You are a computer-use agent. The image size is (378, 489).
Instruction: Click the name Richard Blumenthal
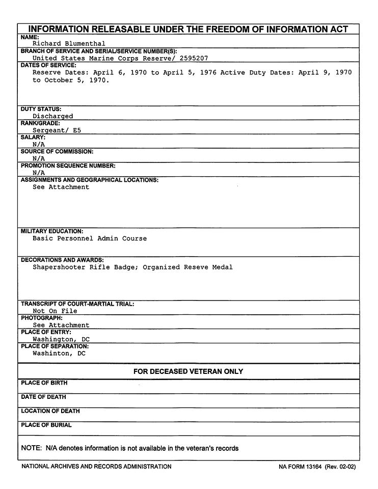(x=69, y=44)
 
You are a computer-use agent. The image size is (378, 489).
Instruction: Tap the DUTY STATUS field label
(x=41, y=109)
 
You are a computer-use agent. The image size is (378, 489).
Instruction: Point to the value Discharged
(x=52, y=116)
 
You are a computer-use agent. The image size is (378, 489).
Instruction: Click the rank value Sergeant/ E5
(x=57, y=130)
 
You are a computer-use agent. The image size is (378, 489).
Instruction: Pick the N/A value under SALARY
(x=39, y=144)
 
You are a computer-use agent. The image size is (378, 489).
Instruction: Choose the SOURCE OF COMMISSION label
(x=57, y=152)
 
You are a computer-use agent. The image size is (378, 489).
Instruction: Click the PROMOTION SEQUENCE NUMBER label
(x=68, y=166)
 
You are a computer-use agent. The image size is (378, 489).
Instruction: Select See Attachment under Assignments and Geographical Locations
(x=61, y=187)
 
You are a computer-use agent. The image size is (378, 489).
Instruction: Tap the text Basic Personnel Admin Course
(x=89, y=238)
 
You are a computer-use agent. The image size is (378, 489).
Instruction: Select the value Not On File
(x=55, y=311)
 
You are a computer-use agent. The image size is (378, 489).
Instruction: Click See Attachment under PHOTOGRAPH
(x=61, y=325)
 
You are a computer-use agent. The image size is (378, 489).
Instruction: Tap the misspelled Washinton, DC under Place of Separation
(x=59, y=353)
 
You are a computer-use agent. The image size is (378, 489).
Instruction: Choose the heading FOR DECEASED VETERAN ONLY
(x=188, y=372)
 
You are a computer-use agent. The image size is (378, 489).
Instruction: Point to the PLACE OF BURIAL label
(x=46, y=425)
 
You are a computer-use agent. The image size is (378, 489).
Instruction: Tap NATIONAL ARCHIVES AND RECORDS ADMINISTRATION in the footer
(x=96, y=467)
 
